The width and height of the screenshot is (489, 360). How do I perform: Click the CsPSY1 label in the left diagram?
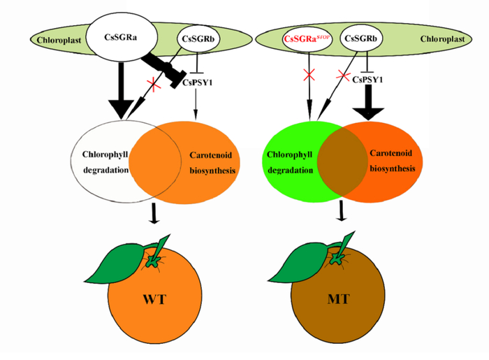click(198, 82)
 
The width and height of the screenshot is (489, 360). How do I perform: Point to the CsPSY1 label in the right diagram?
click(367, 79)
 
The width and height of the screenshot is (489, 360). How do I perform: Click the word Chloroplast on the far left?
click(50, 39)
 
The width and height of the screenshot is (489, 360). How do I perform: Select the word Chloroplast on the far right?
click(437, 39)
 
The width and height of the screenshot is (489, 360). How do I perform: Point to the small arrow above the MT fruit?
click(342, 213)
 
